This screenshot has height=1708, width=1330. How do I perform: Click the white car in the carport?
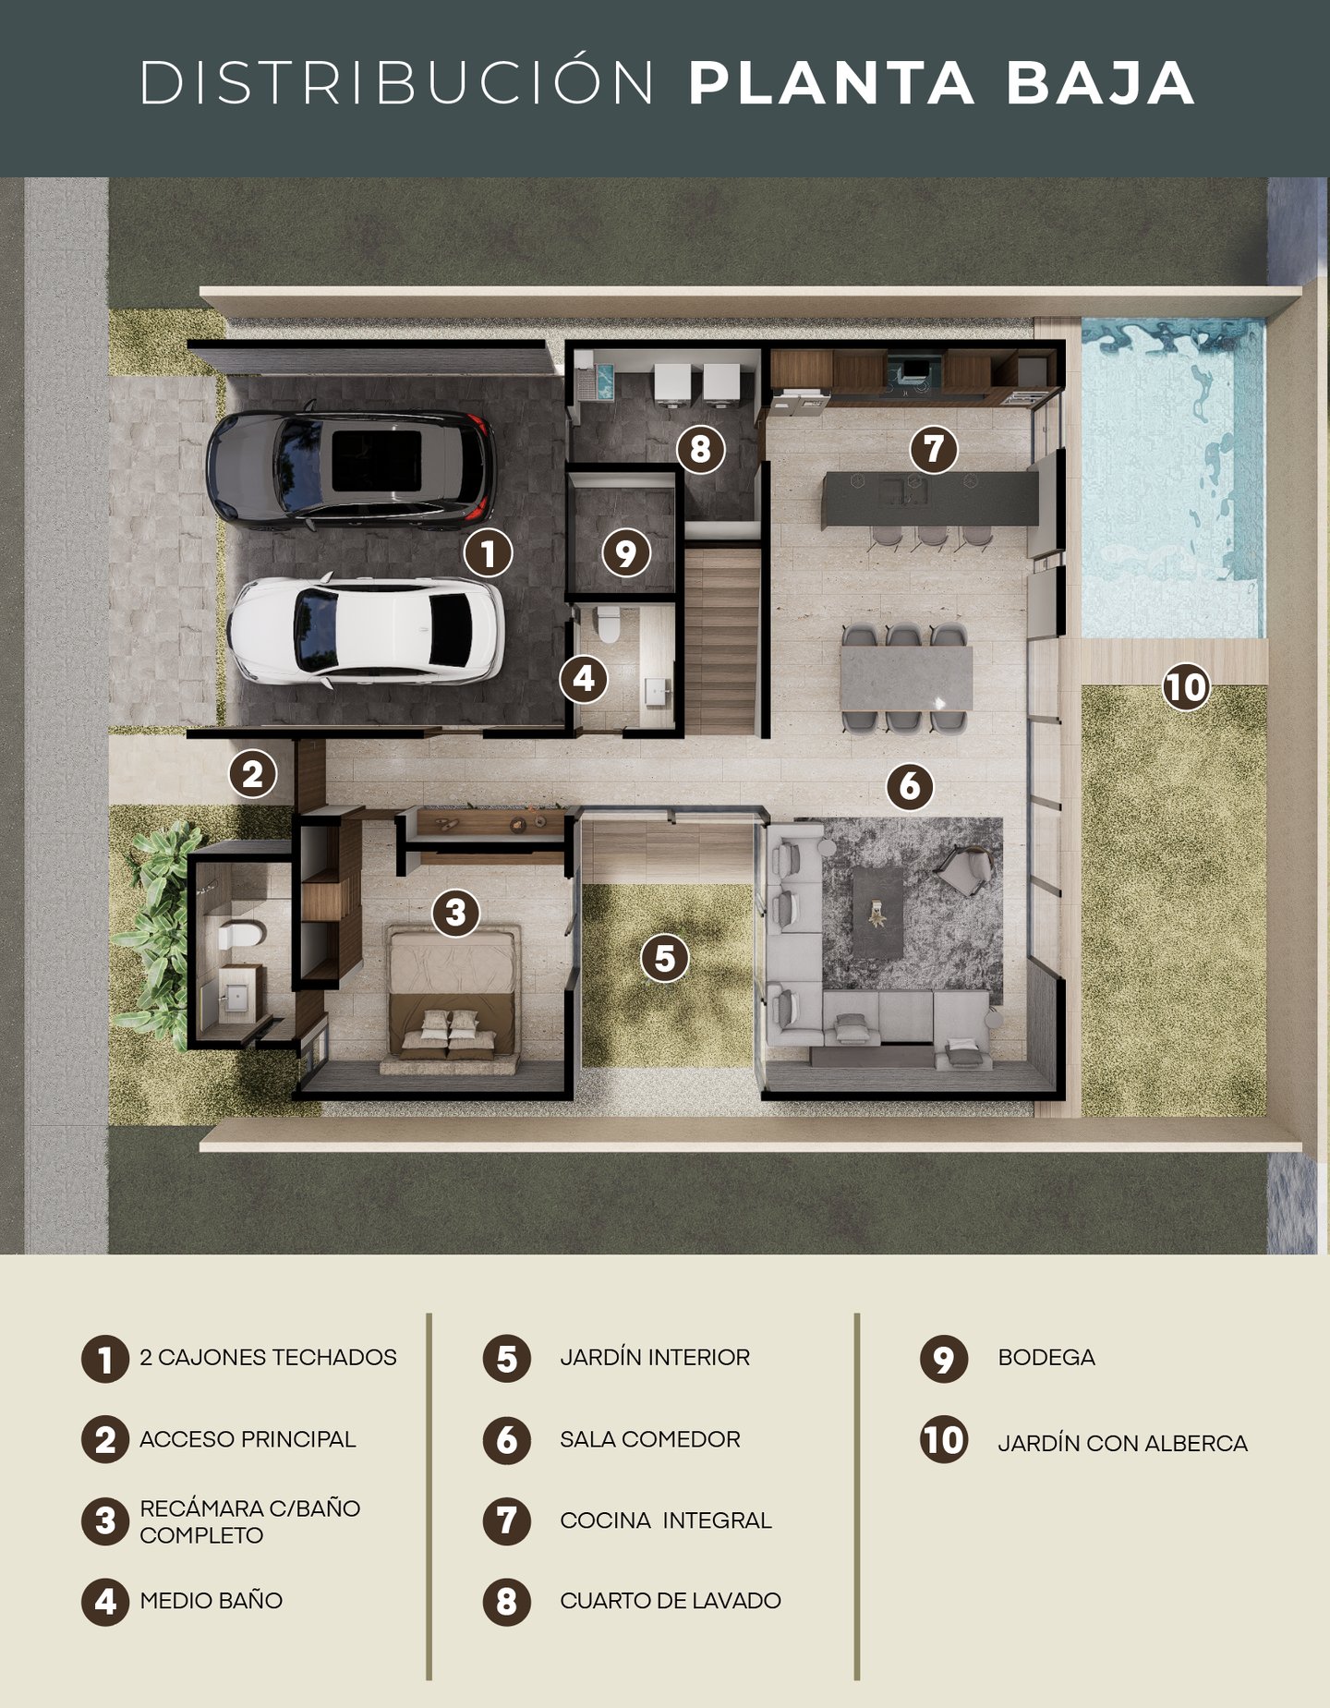[x=366, y=631]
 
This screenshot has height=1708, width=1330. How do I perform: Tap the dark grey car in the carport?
[x=351, y=468]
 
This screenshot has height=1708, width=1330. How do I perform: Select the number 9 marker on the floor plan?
[x=626, y=553]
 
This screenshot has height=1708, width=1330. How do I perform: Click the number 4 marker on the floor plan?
[x=584, y=679]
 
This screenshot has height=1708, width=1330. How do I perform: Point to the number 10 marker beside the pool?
[x=1186, y=686]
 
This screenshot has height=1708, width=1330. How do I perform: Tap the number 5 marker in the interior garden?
[x=665, y=958]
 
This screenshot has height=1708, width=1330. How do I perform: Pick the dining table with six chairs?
[x=906, y=679]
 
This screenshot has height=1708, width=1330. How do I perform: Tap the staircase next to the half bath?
[x=721, y=640]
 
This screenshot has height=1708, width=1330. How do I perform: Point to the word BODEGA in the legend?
[x=1046, y=1357]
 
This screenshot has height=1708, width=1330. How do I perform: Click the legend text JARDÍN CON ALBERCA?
[x=1122, y=1443]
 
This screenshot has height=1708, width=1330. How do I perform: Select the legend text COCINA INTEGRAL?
[x=666, y=1520]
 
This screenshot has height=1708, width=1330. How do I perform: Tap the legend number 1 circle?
[x=105, y=1359]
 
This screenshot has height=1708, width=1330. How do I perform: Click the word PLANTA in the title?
[x=831, y=83]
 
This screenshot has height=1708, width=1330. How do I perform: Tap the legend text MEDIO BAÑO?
[x=212, y=1600]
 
